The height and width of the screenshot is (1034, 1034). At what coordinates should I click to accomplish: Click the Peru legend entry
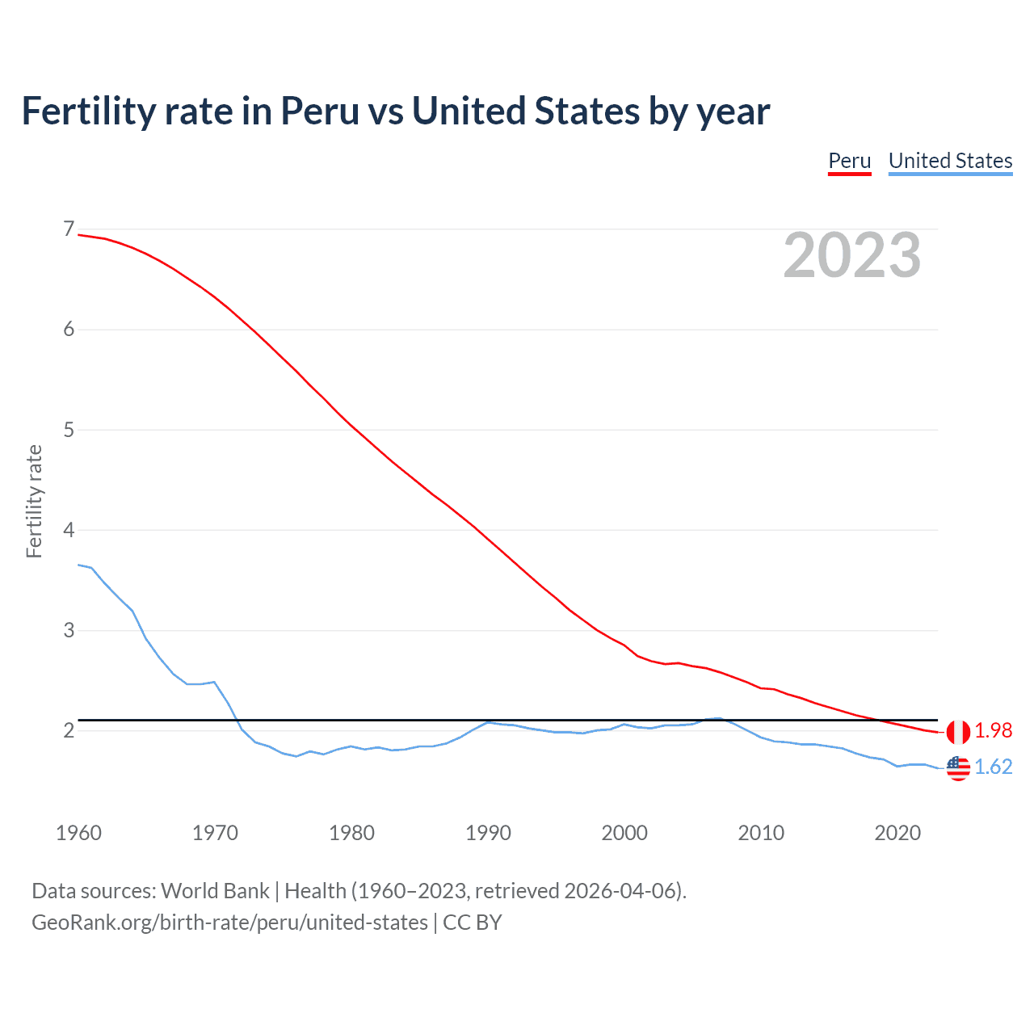point(849,161)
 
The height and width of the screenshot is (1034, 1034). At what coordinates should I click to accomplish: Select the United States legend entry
point(950,161)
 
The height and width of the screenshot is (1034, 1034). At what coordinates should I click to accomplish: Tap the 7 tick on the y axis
point(69,229)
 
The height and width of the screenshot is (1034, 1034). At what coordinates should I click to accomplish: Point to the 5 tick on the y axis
point(69,430)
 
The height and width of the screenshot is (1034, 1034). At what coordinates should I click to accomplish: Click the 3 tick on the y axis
point(69,630)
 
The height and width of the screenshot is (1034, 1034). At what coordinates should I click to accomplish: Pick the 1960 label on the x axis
point(78,833)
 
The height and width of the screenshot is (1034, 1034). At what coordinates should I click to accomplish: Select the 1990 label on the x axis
point(488,833)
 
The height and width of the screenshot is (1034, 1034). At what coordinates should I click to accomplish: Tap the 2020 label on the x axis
point(897,833)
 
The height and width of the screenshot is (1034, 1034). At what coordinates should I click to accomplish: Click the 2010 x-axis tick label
point(761,833)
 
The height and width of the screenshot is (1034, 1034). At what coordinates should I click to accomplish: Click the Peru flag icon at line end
point(958,732)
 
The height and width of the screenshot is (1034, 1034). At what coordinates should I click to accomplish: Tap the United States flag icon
point(958,767)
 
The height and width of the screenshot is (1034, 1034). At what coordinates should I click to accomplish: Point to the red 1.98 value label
point(993,731)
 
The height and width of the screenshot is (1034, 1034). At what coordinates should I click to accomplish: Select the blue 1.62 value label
point(993,767)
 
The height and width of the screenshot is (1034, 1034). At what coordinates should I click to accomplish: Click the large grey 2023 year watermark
point(852,255)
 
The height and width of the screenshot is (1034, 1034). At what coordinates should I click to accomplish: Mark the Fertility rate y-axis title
point(34,501)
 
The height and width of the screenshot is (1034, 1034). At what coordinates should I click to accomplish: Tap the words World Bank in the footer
point(215,891)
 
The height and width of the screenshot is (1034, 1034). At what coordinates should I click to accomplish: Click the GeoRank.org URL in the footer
point(229,923)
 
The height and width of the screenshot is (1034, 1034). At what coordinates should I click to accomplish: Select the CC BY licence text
point(473,923)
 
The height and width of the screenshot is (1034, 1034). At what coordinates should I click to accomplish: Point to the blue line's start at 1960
point(78,565)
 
